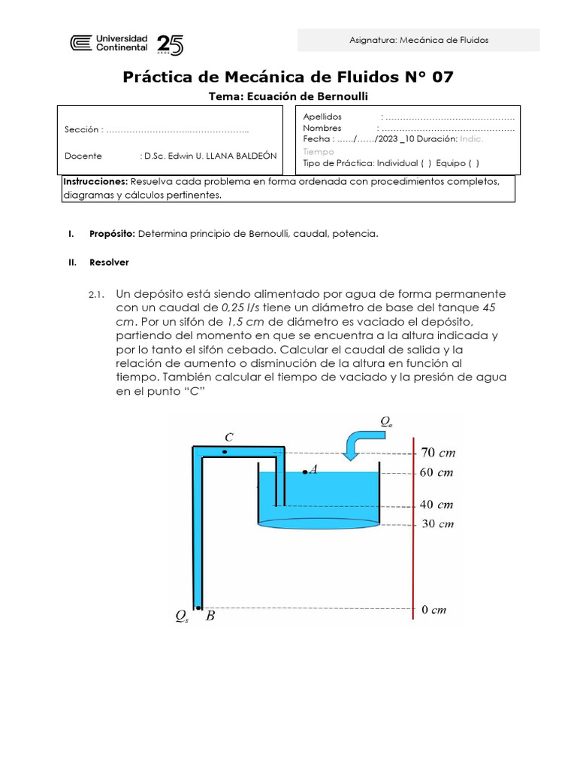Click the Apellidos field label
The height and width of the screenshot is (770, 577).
click(322, 117)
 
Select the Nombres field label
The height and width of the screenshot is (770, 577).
click(322, 128)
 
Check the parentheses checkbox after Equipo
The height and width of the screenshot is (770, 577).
click(473, 162)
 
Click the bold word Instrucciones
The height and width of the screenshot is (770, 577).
click(95, 182)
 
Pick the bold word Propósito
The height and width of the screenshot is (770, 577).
click(112, 234)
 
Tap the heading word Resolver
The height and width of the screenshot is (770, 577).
click(109, 262)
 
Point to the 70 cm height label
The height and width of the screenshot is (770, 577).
click(437, 453)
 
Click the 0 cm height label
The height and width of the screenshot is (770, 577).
click(434, 610)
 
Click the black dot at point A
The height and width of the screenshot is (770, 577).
click(304, 471)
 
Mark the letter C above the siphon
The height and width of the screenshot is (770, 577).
click(229, 437)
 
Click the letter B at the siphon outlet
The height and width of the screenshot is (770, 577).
click(210, 617)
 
